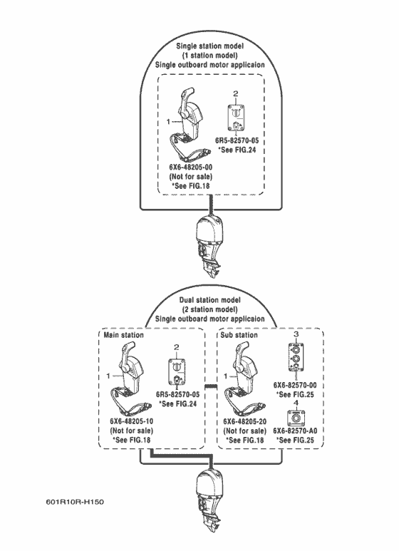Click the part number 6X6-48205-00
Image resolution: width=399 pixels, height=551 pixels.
(191, 167)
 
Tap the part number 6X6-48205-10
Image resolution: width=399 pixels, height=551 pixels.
(131, 421)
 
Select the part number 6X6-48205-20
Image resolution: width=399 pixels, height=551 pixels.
(245, 421)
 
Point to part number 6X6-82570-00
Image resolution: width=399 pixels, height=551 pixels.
(295, 385)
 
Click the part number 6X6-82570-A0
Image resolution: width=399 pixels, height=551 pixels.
(295, 431)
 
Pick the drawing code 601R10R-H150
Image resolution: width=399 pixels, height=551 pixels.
(75, 502)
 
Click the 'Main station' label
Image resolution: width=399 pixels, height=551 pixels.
(124, 335)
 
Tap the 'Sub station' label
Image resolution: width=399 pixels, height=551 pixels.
(239, 335)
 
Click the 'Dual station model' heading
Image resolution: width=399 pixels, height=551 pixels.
(209, 300)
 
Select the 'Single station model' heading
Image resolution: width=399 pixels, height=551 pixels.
(209, 46)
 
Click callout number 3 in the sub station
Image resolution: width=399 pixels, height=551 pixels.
(296, 334)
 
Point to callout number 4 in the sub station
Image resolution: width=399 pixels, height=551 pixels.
(296, 403)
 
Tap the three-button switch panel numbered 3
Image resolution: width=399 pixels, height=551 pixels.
(296, 357)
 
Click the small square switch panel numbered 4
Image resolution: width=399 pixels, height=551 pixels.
(296, 418)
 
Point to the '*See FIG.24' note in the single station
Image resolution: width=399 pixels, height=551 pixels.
(237, 150)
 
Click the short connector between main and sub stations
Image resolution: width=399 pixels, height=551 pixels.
(211, 387)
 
